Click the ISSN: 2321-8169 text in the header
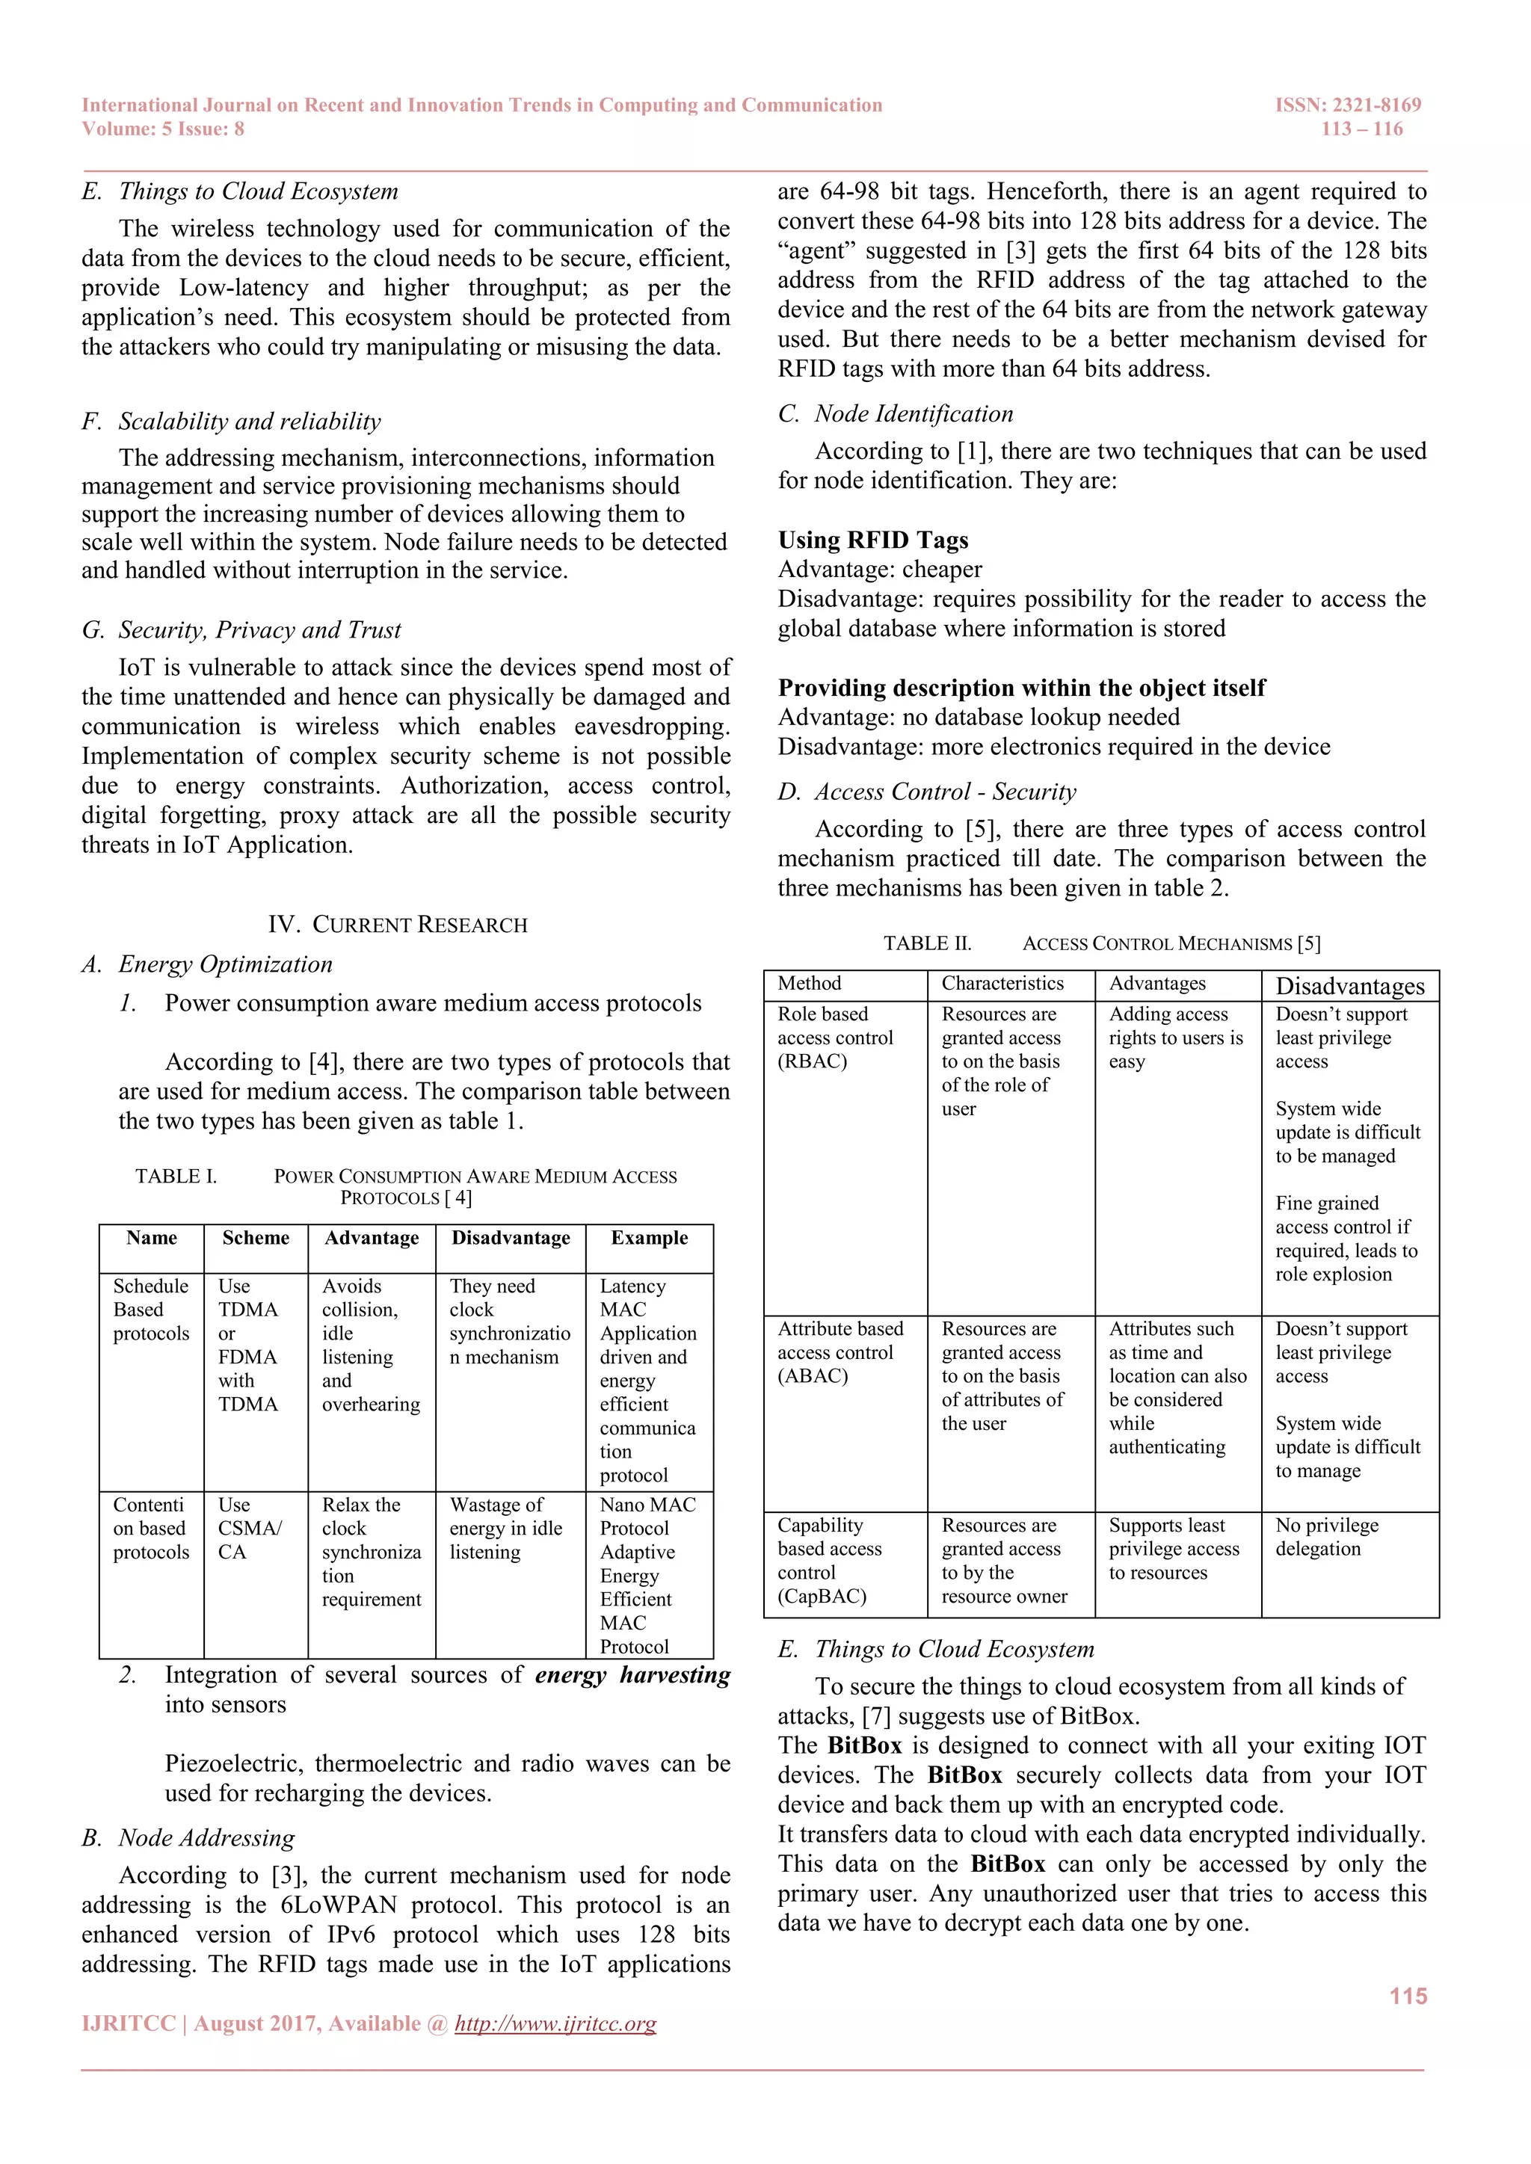[x=1347, y=105]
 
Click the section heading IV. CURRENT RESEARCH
[x=397, y=925]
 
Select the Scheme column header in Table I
[x=256, y=1238]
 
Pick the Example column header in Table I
[x=649, y=1238]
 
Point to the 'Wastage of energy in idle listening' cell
[x=505, y=1528]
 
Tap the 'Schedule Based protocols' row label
[x=151, y=1309]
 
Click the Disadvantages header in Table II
[x=1349, y=986]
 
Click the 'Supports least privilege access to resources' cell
[x=1173, y=1549]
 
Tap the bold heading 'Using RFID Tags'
[x=872, y=540]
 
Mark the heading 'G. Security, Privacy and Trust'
[x=241, y=629]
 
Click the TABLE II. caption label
[x=927, y=943]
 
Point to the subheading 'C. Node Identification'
[x=895, y=414]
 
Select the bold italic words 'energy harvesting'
[x=632, y=1675]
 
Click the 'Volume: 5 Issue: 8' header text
[x=163, y=129]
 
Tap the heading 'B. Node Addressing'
[x=188, y=1838]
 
